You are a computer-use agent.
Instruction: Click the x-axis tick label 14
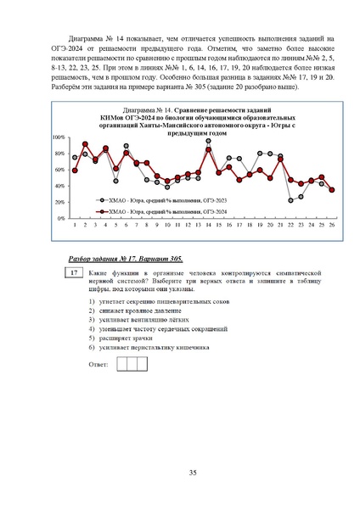(x=208, y=225)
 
